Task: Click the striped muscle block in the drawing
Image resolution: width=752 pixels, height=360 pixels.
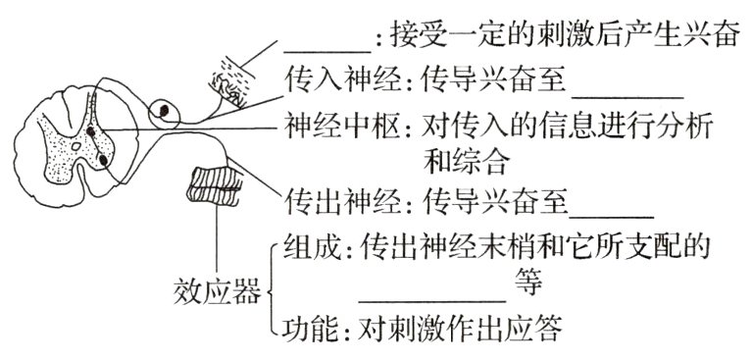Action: (x=217, y=182)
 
